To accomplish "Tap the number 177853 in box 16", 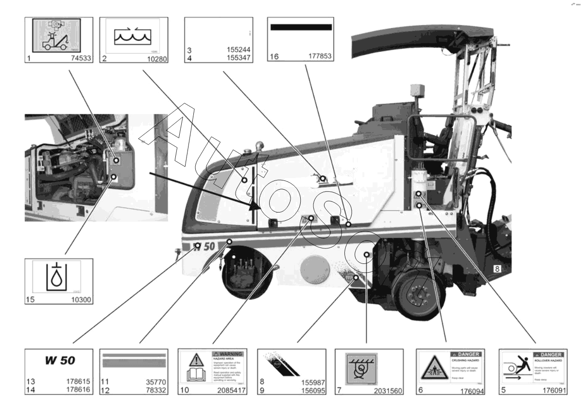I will point(320,57).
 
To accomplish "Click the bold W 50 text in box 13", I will point(60,361).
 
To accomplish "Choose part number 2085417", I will point(230,390).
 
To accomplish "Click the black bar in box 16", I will point(301,27).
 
